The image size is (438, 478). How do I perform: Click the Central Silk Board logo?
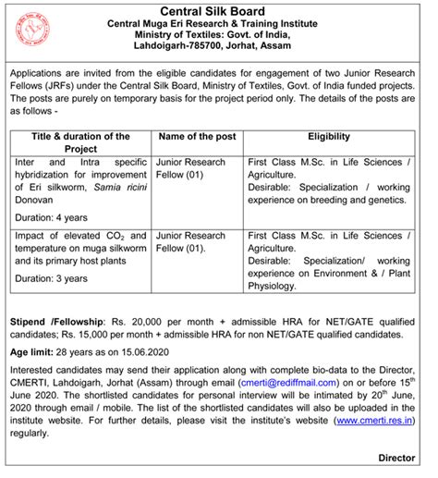click(32, 31)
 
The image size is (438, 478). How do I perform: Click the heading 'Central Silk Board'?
click(219, 10)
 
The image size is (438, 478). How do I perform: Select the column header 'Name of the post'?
click(198, 136)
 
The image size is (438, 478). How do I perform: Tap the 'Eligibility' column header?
click(334, 136)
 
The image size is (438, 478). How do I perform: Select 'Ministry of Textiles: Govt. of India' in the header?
click(219, 39)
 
